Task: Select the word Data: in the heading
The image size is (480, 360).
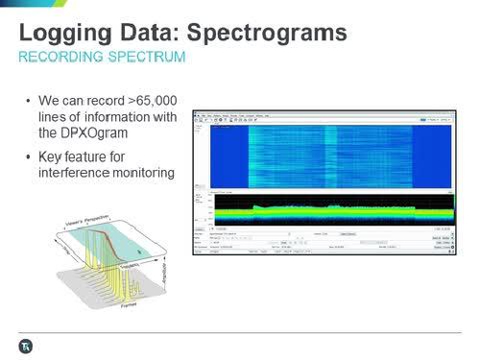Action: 153,33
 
